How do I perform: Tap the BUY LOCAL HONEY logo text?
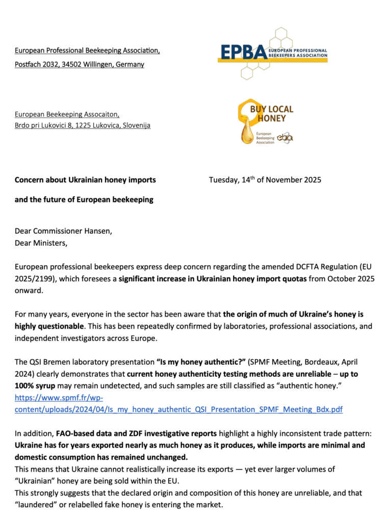(271, 114)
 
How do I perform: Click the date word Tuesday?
(225, 180)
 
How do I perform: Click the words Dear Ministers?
(41, 243)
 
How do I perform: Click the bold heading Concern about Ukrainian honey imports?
(85, 180)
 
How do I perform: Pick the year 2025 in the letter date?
(311, 180)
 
